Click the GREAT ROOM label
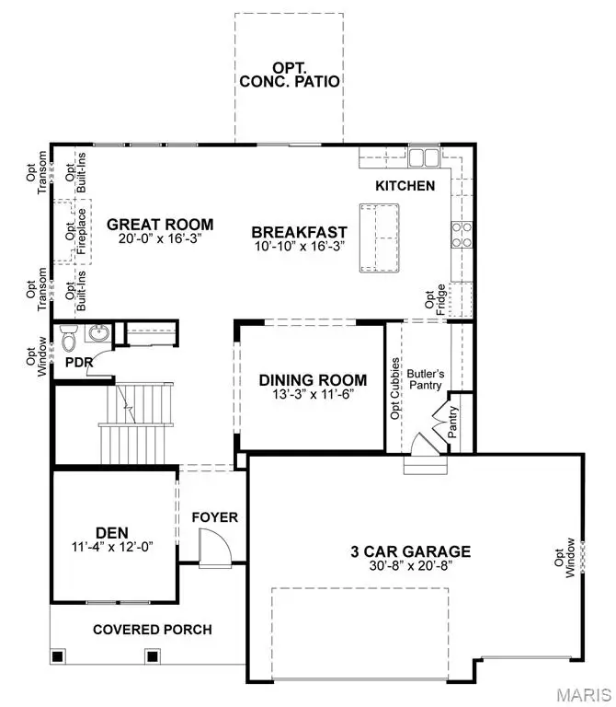click(160, 224)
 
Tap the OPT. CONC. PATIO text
click(291, 74)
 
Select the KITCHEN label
click(405, 186)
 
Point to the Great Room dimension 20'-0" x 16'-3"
click(160, 239)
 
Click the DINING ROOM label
click(313, 380)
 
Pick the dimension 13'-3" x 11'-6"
click(313, 394)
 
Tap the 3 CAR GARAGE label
click(410, 551)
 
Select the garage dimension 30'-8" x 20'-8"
click(410, 567)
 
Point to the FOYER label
click(214, 517)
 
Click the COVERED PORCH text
click(152, 630)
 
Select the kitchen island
click(380, 238)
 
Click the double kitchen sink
click(424, 158)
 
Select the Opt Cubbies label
click(395, 387)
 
